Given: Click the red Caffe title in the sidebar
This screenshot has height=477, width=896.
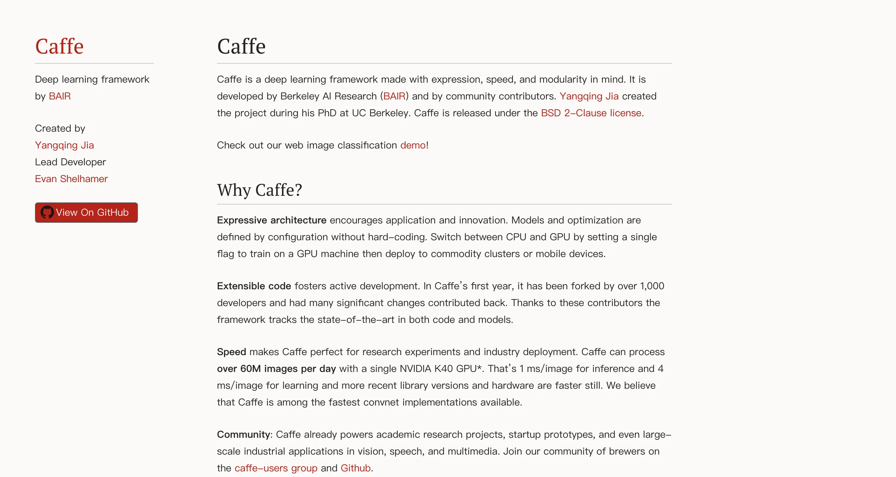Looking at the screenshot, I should point(59,46).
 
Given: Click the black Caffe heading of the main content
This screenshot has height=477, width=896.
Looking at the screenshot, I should point(241,46).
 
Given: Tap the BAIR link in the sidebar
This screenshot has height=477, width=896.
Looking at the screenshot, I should point(60,96).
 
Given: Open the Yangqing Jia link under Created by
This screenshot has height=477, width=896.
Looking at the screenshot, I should point(64,145).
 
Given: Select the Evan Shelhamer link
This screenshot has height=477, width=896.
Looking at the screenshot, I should point(71,179).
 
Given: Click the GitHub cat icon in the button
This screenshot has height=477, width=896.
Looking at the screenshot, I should point(47,212).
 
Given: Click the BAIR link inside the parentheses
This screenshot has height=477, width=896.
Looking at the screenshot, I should point(394,96).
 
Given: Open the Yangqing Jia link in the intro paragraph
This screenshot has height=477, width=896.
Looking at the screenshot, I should point(589,96).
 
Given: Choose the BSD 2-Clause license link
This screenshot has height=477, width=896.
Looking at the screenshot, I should point(591,113).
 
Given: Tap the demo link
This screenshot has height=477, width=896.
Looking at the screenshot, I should point(413,145).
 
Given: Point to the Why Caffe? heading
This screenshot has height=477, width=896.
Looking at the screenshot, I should point(259,190).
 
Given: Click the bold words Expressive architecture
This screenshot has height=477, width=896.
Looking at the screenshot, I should point(272,220).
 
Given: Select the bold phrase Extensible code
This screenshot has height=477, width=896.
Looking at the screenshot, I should point(254,286).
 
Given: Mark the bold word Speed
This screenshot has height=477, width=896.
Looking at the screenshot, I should point(231,352).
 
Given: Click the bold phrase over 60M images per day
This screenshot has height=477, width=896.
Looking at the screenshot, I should point(276,369).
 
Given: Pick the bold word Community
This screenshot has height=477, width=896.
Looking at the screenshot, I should point(243,435).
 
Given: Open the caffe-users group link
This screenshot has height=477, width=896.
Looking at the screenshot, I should point(276,468).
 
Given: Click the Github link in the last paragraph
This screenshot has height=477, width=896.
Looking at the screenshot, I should point(356,468).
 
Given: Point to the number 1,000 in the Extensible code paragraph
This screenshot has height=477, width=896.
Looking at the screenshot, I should point(652,286).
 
